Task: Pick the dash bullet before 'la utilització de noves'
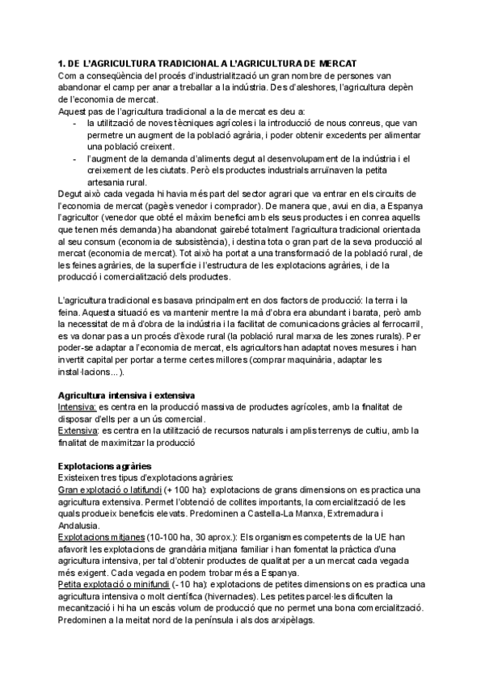pyautogui.click(x=75, y=123)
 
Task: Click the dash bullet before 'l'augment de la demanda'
pyautogui.click(x=75, y=158)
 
